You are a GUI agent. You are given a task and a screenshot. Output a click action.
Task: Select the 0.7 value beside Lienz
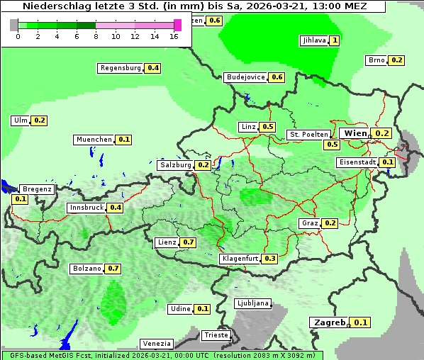tap(188, 242)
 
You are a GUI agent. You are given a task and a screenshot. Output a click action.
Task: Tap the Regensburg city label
tap(121, 68)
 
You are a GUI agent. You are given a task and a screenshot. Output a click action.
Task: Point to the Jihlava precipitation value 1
tap(335, 40)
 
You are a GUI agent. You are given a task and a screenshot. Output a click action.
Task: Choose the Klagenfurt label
tap(240, 259)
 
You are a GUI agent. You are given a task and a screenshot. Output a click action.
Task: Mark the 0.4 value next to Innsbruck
tap(116, 208)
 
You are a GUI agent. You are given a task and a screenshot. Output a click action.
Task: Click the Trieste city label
tap(216, 335)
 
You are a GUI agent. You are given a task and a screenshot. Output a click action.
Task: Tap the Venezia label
tap(156, 343)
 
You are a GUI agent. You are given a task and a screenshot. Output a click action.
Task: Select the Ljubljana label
tap(252, 303)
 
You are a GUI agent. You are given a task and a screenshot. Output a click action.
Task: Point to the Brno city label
tap(376, 60)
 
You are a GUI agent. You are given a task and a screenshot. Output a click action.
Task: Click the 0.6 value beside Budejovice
tap(277, 77)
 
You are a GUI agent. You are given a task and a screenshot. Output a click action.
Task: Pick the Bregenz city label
tap(37, 189)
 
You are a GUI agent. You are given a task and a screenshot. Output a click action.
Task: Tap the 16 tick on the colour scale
tap(174, 36)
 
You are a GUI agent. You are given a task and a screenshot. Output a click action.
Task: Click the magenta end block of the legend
tap(177, 25)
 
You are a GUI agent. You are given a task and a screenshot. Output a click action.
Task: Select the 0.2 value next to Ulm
tap(40, 120)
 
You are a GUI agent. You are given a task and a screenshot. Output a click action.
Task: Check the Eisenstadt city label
tap(357, 162)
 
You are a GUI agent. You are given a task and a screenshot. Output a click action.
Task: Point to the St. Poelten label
tap(308, 134)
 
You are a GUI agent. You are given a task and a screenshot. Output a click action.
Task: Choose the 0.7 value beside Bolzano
tap(113, 269)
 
